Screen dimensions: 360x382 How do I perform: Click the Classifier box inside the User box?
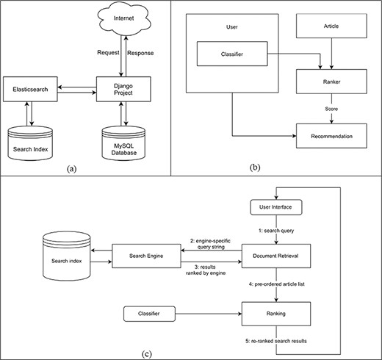[x=232, y=54]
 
